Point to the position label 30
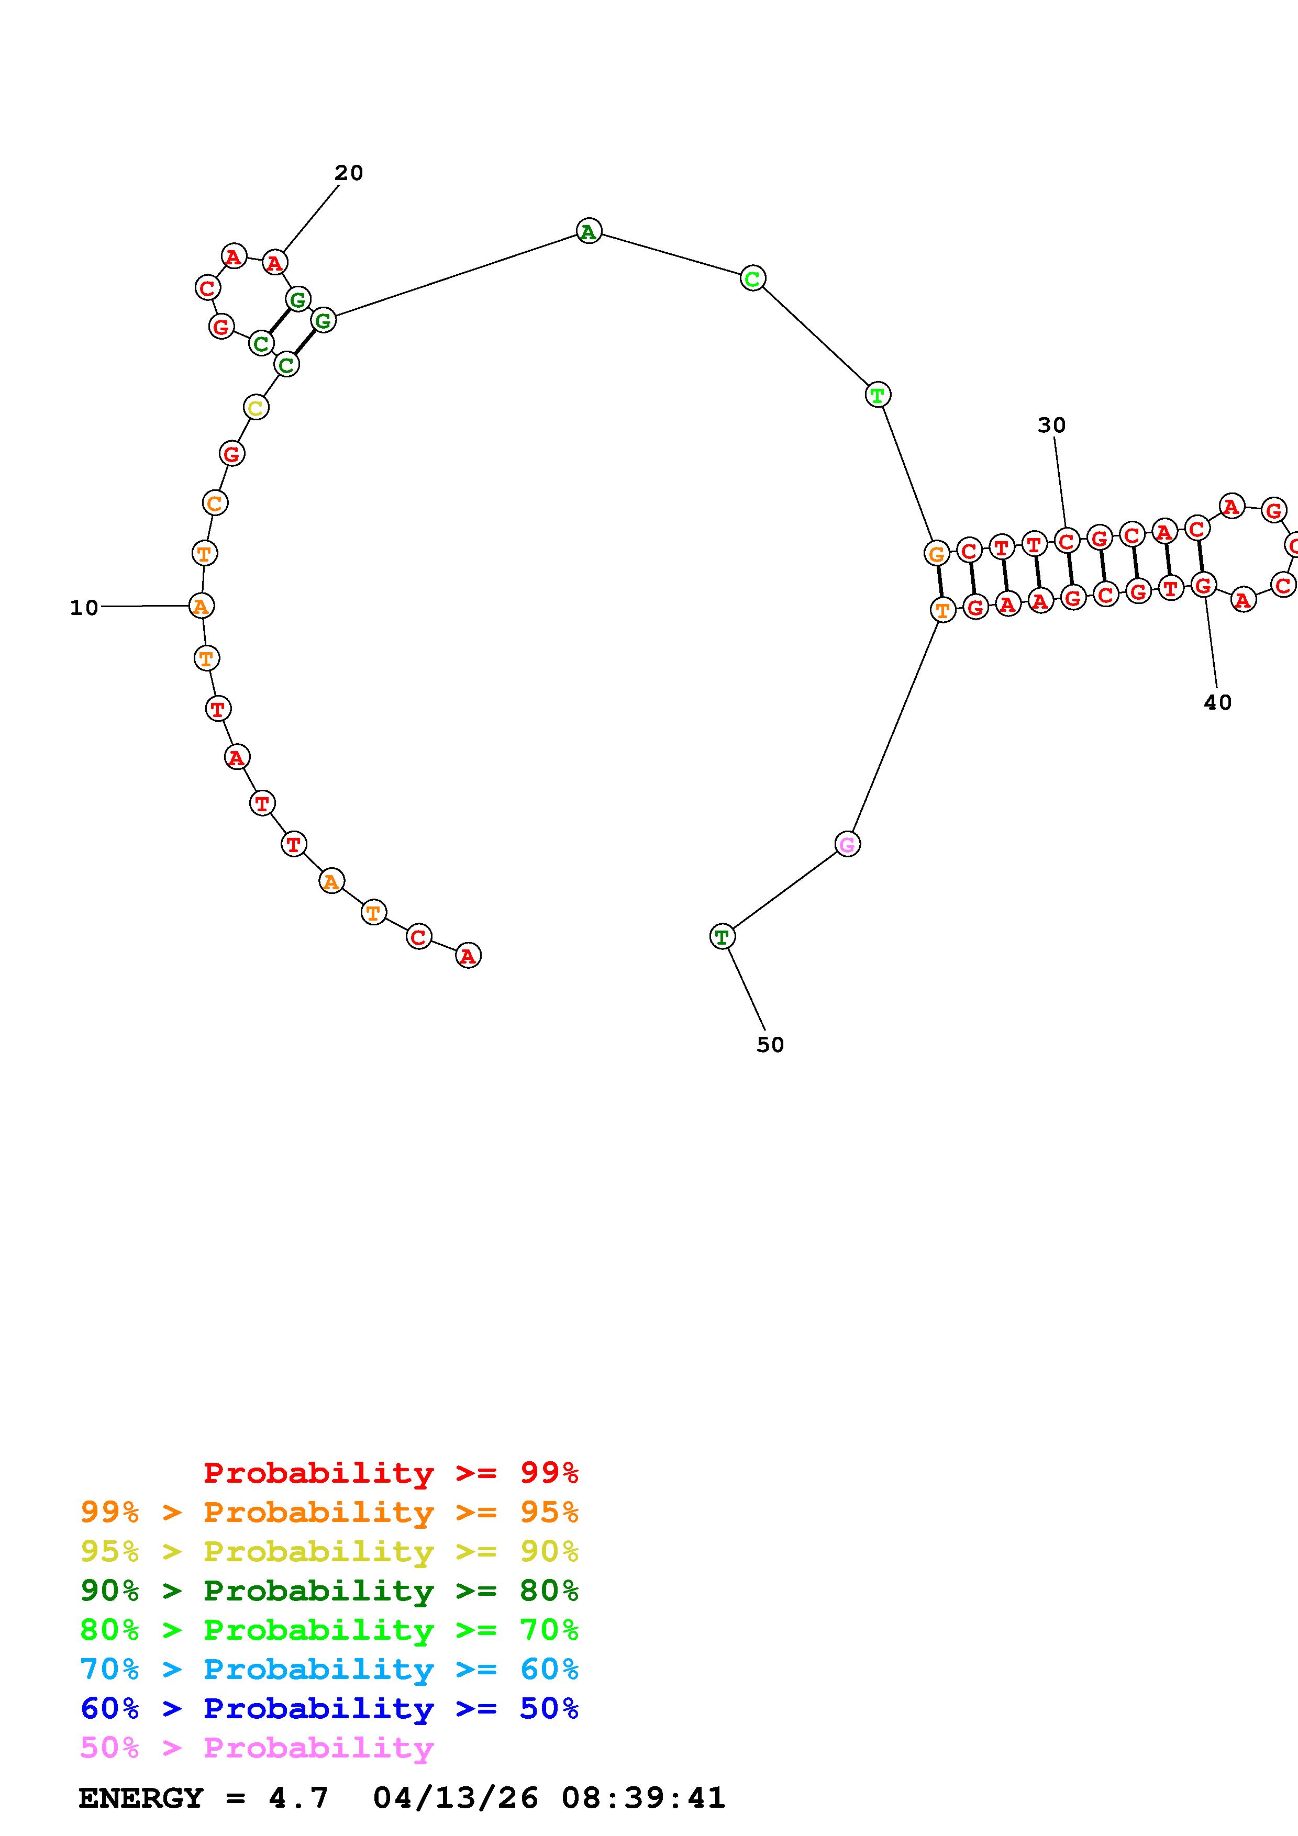(x=1052, y=426)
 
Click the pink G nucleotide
(x=847, y=844)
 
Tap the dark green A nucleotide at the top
(x=589, y=231)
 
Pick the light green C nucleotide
(x=752, y=278)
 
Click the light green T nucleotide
(x=878, y=394)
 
